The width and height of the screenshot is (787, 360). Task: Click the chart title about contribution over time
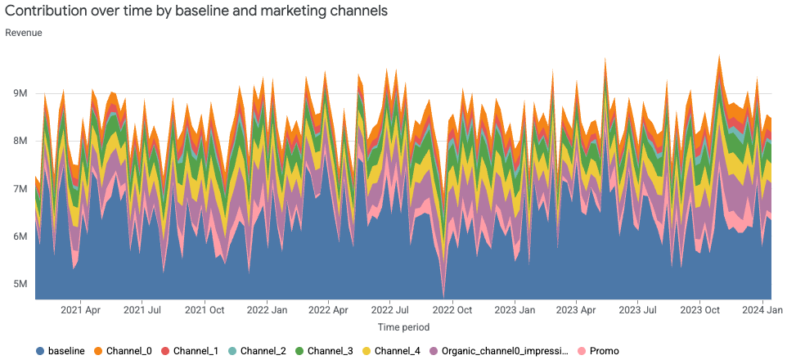tap(196, 11)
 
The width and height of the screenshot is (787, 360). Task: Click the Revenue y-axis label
tap(24, 33)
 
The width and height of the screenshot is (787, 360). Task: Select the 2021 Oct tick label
tap(205, 311)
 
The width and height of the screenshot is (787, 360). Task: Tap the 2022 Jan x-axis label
tap(268, 311)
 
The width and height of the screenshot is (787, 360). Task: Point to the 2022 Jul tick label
tap(390, 311)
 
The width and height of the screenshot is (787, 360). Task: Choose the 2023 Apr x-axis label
tap(576, 311)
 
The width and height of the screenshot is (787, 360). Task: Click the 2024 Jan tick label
tap(762, 311)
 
